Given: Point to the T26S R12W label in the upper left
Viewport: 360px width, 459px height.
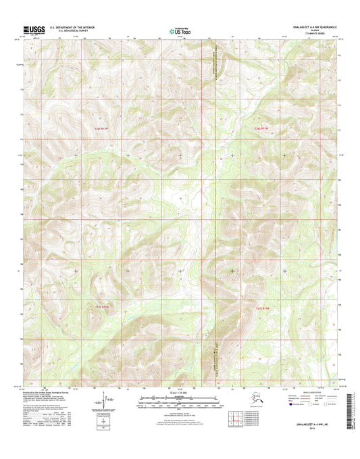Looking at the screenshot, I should [x=101, y=127].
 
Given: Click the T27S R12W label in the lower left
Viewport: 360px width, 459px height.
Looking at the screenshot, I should [x=101, y=308].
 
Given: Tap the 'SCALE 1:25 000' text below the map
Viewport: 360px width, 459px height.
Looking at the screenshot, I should [x=180, y=393].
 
